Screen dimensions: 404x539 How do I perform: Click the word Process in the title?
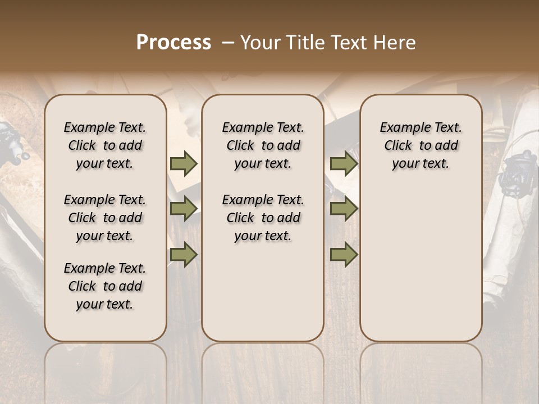[173, 43]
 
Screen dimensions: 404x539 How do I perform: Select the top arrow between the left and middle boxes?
[184, 163]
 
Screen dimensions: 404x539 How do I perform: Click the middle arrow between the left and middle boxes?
[184, 209]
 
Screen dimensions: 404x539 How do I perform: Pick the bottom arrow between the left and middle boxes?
[184, 255]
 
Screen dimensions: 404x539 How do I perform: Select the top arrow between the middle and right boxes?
[344, 163]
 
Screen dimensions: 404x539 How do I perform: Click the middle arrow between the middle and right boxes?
[344, 209]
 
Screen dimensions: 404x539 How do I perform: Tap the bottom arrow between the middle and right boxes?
[344, 255]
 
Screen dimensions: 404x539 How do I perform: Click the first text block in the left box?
[105, 145]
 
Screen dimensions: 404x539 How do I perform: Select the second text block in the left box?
[105, 218]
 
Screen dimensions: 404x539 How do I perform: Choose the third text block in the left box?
[105, 286]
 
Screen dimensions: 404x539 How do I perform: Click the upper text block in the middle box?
[263, 145]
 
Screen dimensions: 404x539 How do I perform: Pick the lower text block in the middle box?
[263, 218]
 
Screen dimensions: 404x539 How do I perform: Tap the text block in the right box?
[421, 145]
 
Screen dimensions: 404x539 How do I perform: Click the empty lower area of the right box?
[421, 269]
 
